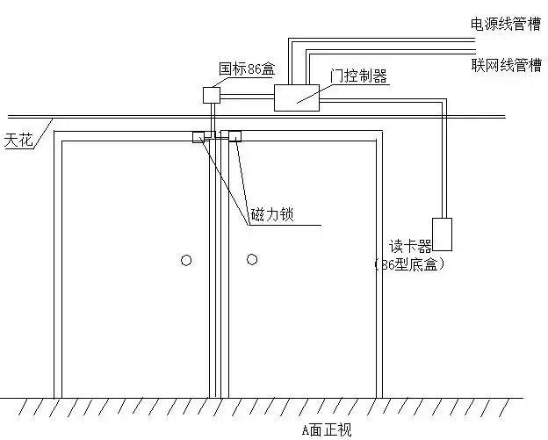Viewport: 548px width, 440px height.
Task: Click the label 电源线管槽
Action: [507, 24]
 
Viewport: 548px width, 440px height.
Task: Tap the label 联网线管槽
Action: [507, 66]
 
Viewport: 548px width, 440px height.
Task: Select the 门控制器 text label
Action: [358, 76]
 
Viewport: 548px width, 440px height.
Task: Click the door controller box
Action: [298, 97]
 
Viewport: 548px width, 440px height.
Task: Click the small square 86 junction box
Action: [212, 94]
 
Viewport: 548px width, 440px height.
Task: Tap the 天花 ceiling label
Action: [18, 139]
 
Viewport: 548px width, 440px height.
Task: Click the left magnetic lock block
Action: [199, 136]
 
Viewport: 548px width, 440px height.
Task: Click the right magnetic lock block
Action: [234, 136]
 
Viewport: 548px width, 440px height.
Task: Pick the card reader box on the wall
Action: [442, 234]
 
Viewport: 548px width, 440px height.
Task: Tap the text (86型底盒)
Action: [407, 263]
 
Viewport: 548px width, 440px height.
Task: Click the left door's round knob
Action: [185, 259]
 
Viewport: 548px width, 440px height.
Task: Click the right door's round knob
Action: [252, 258]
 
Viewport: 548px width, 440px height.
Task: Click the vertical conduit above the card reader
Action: [442, 167]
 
